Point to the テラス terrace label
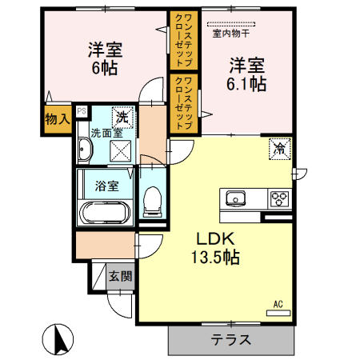click(x=231, y=339)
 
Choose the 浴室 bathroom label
click(x=106, y=186)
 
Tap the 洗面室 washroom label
click(x=105, y=133)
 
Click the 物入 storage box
click(x=56, y=119)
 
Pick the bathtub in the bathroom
click(x=106, y=214)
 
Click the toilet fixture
click(x=151, y=200)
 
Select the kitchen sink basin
click(x=237, y=198)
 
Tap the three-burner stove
click(x=279, y=198)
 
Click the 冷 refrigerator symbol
click(x=279, y=147)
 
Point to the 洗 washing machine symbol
click(x=122, y=114)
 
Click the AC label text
click(x=278, y=303)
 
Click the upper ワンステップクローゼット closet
click(x=180, y=39)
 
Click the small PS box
click(x=81, y=111)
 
